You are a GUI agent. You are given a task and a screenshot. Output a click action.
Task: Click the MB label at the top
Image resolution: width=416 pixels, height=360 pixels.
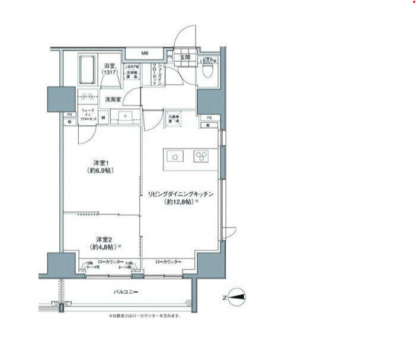tap(145, 53)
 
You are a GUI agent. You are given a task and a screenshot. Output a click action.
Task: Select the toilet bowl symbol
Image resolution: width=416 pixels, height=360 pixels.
tap(208, 72)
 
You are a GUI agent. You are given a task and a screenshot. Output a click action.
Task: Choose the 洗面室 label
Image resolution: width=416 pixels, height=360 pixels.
tap(113, 100)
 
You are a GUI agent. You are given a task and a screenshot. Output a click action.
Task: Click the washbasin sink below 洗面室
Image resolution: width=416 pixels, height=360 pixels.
tap(125, 115)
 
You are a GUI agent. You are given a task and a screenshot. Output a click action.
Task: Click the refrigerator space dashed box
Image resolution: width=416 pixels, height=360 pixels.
tap(174, 119)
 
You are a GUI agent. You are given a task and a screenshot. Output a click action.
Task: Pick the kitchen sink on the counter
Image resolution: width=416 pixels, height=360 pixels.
tap(176, 157)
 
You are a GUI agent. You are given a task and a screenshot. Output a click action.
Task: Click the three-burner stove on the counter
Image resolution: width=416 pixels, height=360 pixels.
tap(201, 157)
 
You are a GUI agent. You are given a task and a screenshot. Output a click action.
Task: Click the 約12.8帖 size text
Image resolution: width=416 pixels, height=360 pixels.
tap(180, 202)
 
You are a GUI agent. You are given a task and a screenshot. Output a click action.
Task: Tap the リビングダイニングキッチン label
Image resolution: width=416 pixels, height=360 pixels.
tap(180, 194)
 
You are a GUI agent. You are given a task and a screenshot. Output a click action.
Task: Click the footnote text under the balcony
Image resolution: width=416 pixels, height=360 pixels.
tap(145, 316)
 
